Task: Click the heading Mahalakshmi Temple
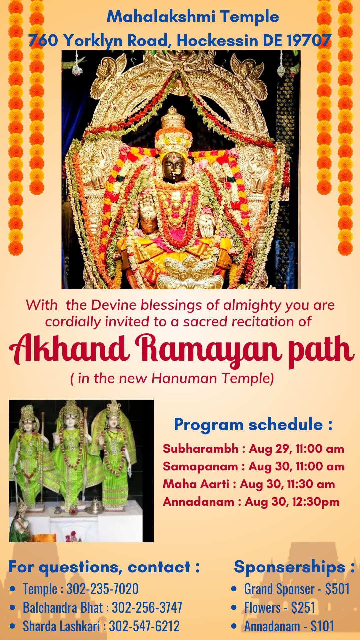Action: click(193, 17)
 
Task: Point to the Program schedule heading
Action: click(253, 424)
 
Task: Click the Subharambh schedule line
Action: click(253, 449)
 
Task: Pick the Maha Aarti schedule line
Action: click(249, 484)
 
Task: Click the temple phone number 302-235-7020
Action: click(102, 589)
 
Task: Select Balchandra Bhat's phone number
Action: click(147, 607)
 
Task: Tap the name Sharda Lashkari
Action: click(61, 626)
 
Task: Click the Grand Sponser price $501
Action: click(337, 589)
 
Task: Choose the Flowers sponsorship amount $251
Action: click(303, 607)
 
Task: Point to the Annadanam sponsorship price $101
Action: click(322, 626)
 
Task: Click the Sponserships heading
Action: click(294, 567)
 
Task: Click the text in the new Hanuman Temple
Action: click(172, 378)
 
